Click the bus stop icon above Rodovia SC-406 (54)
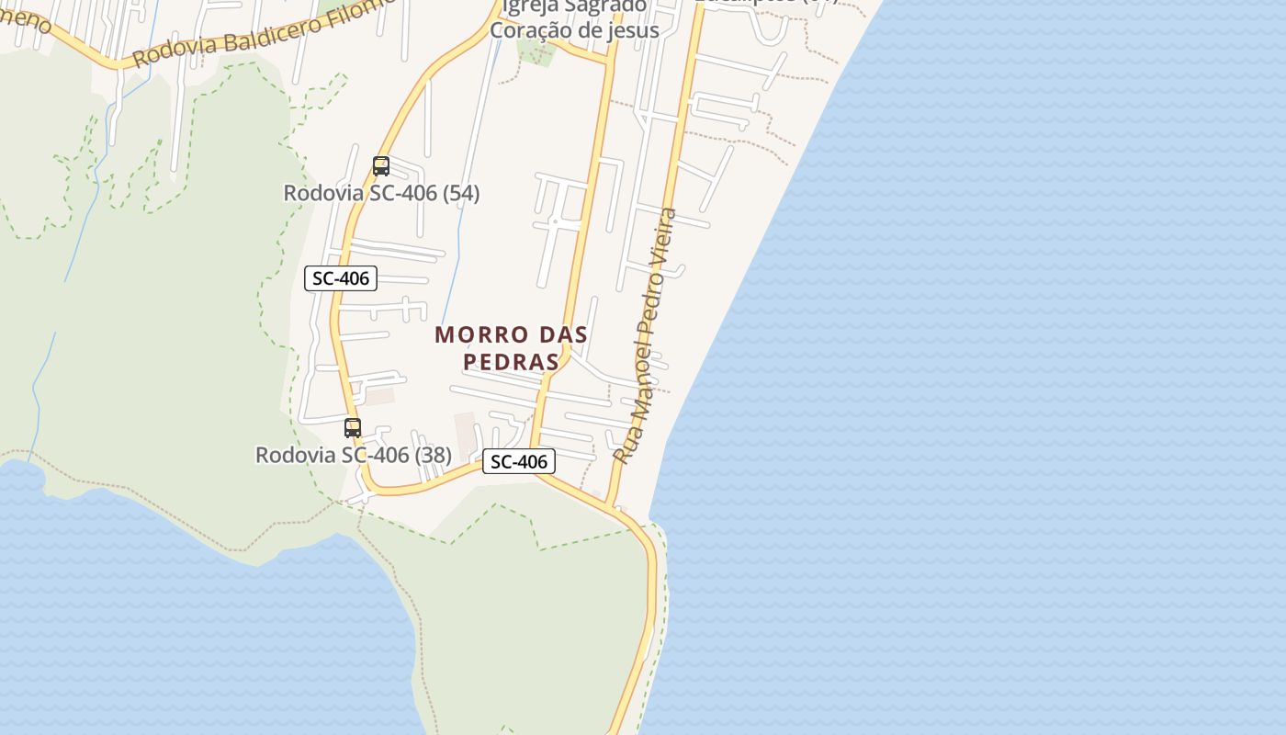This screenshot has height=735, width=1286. click(381, 166)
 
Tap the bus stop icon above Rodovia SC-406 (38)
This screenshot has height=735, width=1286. click(353, 427)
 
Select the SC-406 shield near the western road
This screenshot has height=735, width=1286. click(341, 278)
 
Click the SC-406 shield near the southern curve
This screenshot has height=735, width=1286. click(519, 461)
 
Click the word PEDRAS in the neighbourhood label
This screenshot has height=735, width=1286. click(512, 362)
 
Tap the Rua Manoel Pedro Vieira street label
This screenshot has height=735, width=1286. click(645, 335)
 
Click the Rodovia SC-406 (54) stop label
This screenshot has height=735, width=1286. click(381, 194)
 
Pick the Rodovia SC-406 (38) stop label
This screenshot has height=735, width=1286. click(353, 455)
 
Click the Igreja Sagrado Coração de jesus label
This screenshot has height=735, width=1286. click(574, 18)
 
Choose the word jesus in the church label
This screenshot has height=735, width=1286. click(632, 30)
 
